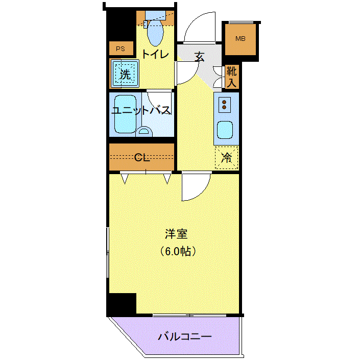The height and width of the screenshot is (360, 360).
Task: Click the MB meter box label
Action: (x=241, y=39)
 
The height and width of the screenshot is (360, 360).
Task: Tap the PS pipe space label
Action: (x=121, y=49)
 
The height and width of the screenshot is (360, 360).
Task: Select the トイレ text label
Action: (x=155, y=54)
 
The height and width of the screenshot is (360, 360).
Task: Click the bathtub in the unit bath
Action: (x=125, y=114)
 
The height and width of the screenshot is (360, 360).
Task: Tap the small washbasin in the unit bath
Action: (x=144, y=132)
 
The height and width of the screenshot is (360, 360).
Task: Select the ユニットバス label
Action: (x=141, y=110)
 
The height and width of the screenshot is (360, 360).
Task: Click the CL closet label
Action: (x=142, y=157)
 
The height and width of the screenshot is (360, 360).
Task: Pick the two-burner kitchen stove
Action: (x=224, y=105)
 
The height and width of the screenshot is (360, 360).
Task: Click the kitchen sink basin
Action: (x=225, y=130)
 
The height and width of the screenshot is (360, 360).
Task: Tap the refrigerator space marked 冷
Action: (x=226, y=158)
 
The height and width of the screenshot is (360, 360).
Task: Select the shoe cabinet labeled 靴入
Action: (x=232, y=77)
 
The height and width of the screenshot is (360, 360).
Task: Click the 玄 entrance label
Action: (x=199, y=57)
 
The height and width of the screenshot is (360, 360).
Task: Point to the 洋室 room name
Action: (x=176, y=234)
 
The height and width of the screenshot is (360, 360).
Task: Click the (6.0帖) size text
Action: (x=178, y=251)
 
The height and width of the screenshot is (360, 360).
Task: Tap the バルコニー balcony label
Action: (x=184, y=337)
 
